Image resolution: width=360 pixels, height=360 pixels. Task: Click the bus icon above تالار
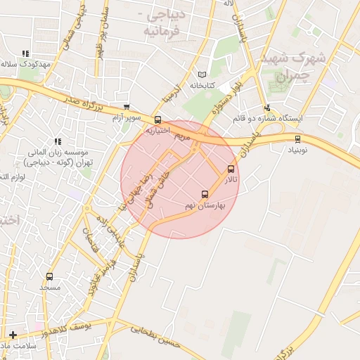(231, 169)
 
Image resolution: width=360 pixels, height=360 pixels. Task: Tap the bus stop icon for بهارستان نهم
(205, 194)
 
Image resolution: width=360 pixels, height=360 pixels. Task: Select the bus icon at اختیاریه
(157, 120)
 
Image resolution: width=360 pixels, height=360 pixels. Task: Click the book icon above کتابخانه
(202, 75)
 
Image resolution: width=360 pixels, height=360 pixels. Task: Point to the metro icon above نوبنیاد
(297, 139)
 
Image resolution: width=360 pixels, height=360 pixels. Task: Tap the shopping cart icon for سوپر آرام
(126, 107)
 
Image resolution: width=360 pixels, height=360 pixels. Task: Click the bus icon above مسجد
(49, 276)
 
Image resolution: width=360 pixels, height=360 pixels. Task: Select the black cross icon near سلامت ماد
(13, 335)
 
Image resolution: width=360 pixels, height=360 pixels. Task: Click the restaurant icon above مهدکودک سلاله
(26, 53)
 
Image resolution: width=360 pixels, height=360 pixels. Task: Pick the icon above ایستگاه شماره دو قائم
(267, 108)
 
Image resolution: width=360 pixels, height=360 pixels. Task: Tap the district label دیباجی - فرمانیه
(166, 23)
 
